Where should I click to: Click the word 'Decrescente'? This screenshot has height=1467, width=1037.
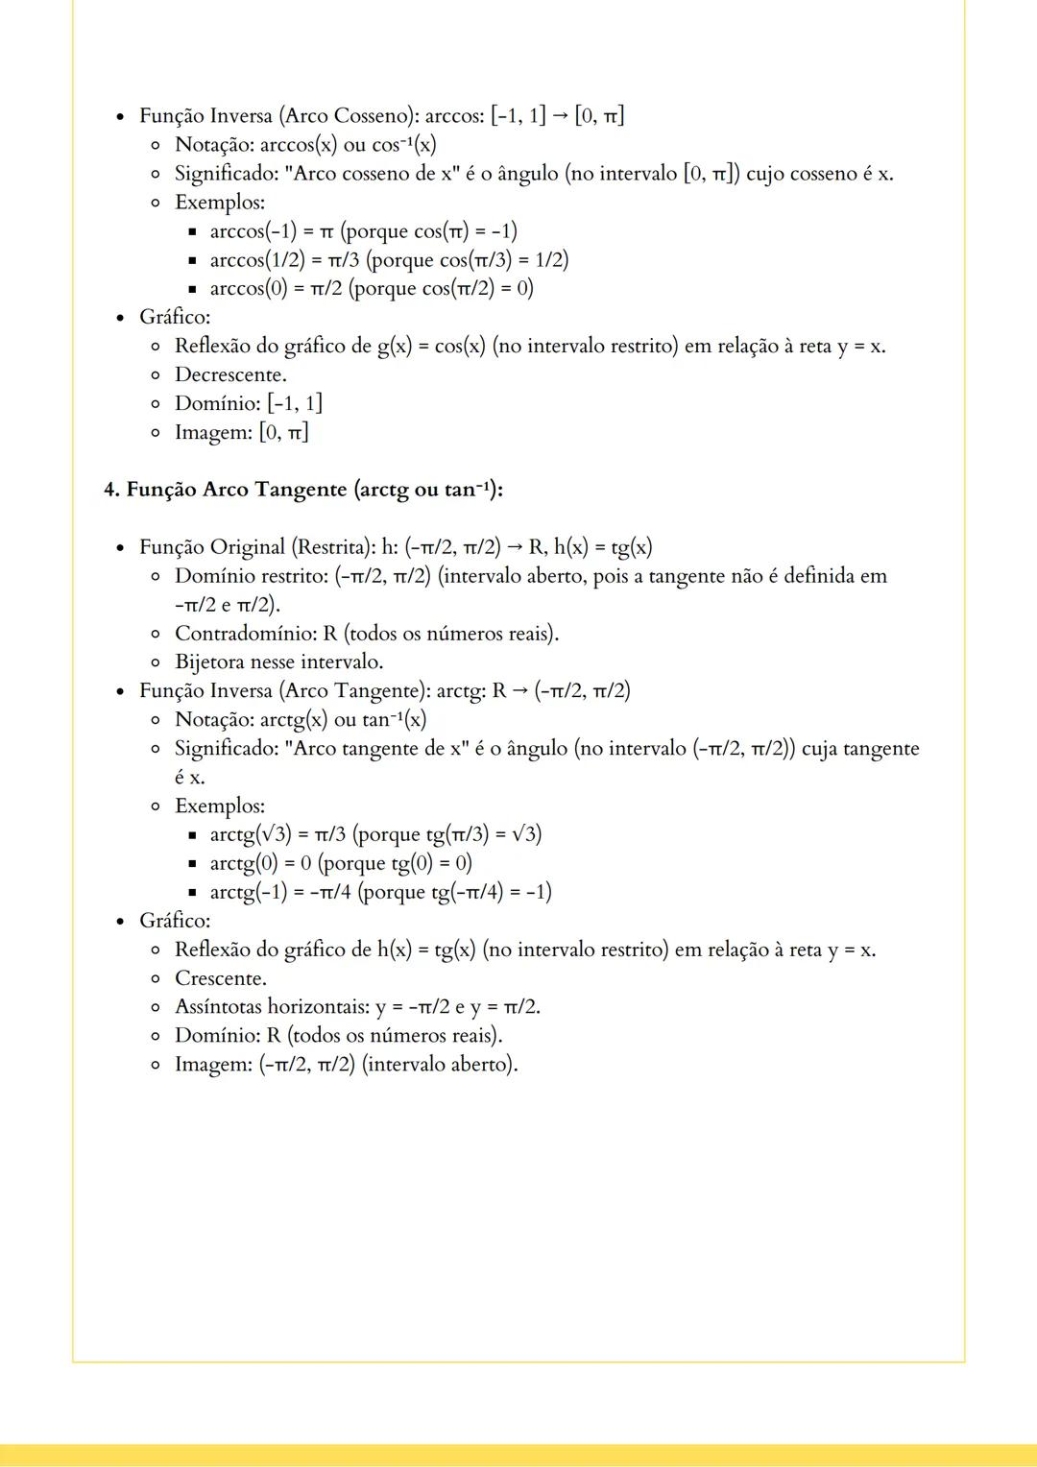[229, 374]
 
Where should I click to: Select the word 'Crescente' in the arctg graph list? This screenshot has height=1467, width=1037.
[220, 978]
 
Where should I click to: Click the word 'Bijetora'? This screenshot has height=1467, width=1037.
[209, 662]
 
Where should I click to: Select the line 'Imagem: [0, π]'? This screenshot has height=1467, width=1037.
[241, 432]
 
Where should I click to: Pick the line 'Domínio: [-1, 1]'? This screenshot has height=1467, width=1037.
[248, 403]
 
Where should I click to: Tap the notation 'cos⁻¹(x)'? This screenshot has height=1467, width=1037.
[403, 145]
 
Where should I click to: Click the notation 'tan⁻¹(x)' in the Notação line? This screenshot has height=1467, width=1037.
[394, 719]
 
